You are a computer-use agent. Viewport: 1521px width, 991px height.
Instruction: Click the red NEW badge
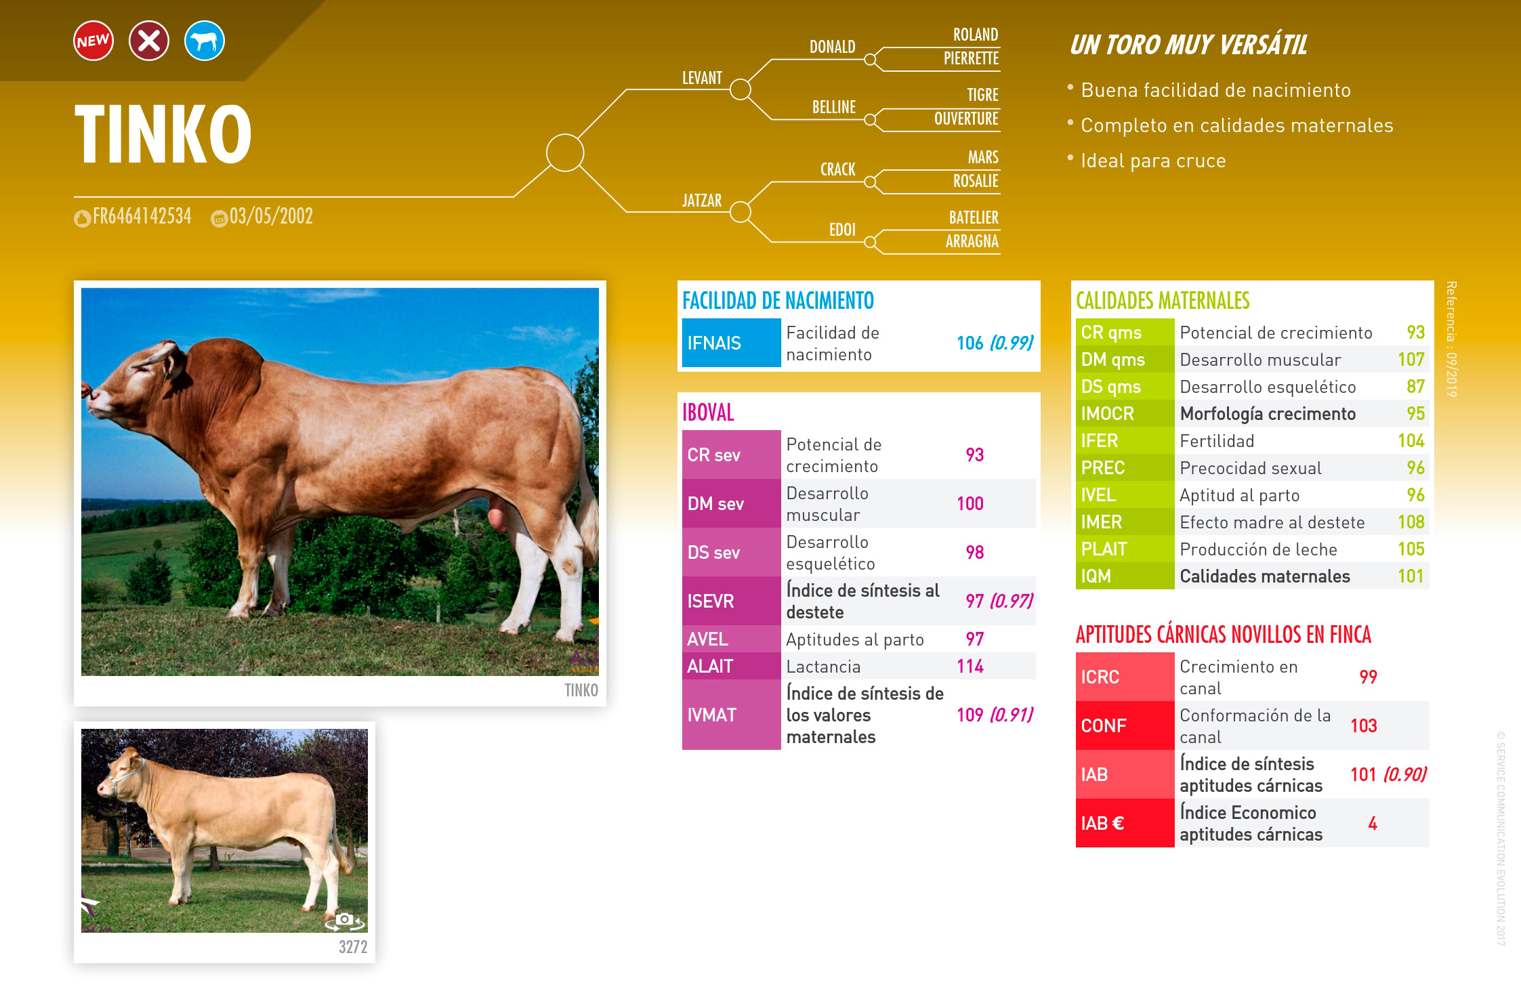coord(93,41)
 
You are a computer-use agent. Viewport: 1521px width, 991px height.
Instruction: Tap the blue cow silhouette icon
coord(205,41)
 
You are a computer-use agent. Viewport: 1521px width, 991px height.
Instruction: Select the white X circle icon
coord(149,41)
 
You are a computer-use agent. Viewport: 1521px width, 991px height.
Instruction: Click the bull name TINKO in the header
coord(163,134)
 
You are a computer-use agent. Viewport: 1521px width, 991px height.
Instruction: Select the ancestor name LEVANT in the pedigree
coord(702,78)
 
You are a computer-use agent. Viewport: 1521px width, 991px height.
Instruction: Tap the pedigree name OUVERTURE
coord(966,119)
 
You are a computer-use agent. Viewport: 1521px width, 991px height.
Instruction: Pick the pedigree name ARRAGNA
coord(972,241)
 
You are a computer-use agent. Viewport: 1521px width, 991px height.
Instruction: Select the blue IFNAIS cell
coord(731,343)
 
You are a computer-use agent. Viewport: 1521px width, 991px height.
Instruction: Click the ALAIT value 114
coord(970,667)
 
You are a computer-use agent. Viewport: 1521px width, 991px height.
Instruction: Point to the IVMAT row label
coord(711,715)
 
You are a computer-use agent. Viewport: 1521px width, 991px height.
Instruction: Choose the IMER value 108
coord(1411,522)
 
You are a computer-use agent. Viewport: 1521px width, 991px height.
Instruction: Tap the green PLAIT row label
coord(1104,549)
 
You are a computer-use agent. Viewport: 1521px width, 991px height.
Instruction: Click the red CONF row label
coord(1104,725)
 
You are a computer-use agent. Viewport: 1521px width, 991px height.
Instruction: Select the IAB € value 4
coord(1373,824)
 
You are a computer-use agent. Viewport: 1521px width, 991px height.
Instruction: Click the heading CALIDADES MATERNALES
coord(1163,301)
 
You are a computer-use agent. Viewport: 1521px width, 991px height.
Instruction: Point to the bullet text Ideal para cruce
coord(1153,161)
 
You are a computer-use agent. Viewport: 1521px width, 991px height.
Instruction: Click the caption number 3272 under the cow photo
coord(353,947)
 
